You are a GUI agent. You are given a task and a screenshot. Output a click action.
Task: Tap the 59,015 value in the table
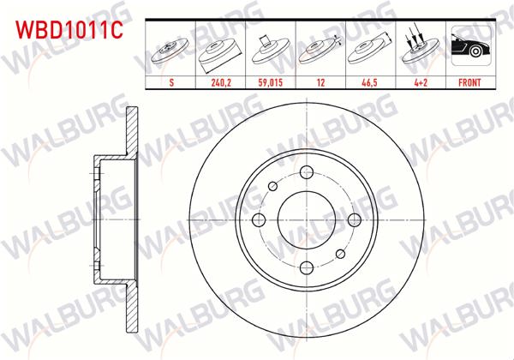pos(271,83)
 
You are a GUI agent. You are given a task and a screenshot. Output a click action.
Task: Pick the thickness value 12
pos(320,83)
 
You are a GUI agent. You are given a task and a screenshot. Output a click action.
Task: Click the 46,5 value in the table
pos(370,83)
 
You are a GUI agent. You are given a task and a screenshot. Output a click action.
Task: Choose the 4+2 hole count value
pos(420,83)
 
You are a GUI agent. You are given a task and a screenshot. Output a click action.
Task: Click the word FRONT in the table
pos(470,83)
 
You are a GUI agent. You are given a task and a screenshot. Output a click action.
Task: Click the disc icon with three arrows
pos(420,50)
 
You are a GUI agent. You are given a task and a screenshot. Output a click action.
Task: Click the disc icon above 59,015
pos(271,50)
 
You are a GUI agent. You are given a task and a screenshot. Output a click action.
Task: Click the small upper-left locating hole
pos(272,186)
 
